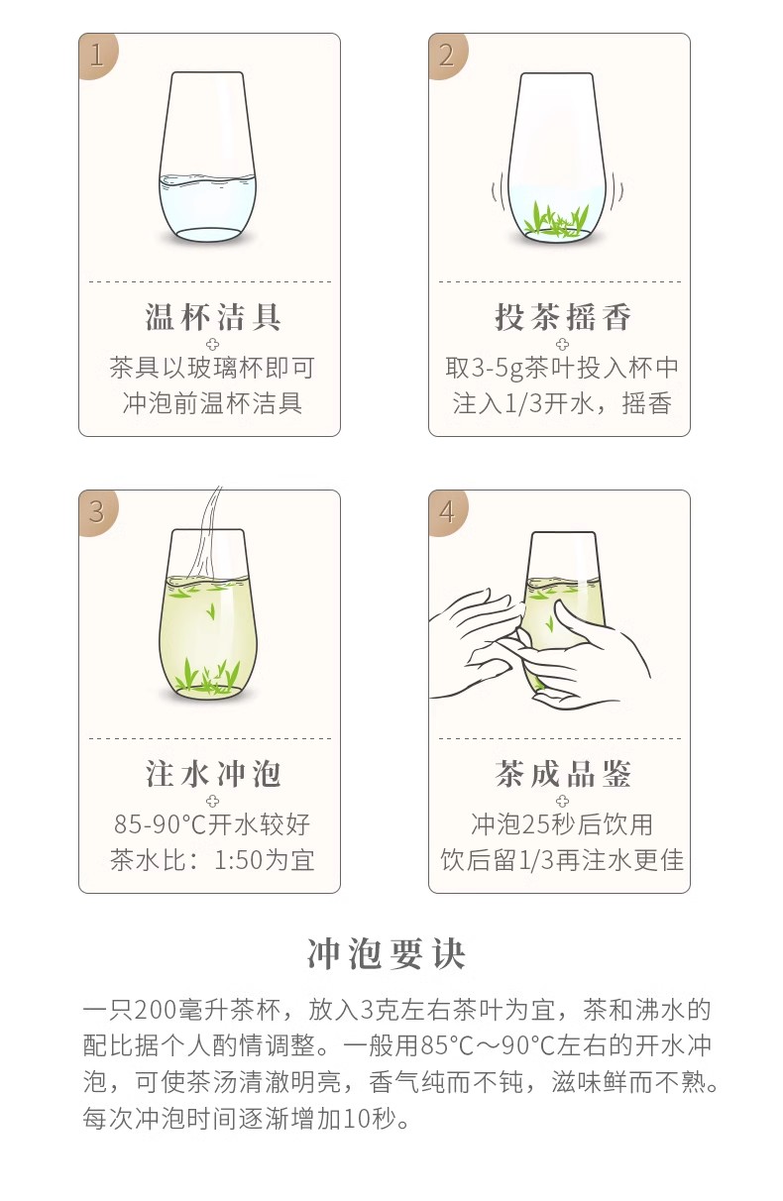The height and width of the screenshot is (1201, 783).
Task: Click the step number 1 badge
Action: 97,55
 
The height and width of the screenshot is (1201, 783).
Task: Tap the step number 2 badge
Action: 447,55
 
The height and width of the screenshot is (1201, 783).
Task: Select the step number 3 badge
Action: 97,511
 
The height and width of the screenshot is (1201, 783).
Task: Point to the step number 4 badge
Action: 447,511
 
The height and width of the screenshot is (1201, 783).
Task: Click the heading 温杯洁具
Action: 213,316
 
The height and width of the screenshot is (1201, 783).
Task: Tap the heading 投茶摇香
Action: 563,316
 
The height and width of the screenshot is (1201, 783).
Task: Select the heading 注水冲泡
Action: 213,774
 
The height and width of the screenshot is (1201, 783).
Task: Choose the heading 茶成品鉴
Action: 563,774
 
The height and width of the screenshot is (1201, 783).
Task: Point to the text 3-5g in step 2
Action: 498,368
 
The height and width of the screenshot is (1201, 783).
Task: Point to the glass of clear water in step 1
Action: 208,157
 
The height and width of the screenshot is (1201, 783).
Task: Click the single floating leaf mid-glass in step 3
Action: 211,610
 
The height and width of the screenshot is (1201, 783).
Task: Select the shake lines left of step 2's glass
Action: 498,191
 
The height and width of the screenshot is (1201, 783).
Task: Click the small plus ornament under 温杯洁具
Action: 212,344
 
